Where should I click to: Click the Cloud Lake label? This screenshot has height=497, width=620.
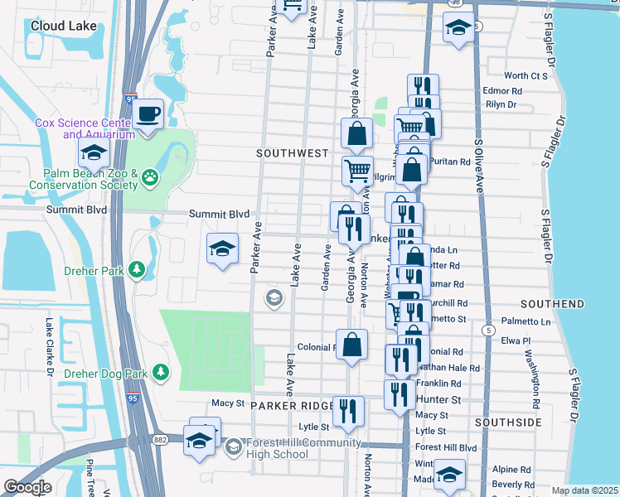pos(60,26)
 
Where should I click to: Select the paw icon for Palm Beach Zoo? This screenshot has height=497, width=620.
pos(149,176)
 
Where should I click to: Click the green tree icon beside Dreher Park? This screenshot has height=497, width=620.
pos(137,271)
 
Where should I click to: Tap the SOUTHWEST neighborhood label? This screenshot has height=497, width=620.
pos(293,154)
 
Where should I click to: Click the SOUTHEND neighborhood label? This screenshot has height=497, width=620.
pos(553,305)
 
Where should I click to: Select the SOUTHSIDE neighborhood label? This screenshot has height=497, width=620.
pos(508,422)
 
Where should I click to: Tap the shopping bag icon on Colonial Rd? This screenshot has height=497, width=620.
pos(351,343)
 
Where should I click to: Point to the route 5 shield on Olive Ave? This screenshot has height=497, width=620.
pos(490,330)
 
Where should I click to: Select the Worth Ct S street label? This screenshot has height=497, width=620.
pos(526,75)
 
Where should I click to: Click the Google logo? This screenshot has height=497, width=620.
pos(27,487)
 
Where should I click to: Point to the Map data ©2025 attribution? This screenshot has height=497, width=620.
pos(584,490)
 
